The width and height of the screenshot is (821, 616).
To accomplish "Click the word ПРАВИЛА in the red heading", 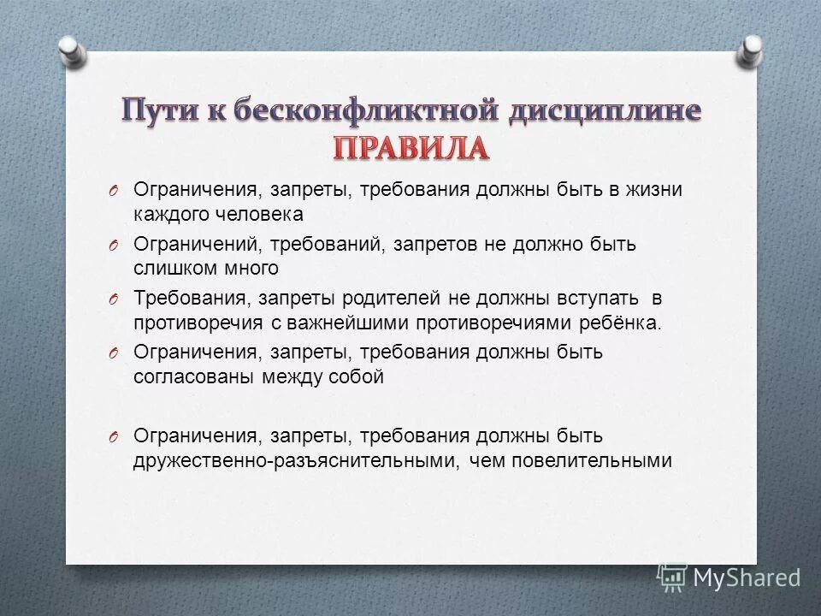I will pos(410,148).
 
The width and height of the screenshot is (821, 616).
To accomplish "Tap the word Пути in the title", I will pos(159,112).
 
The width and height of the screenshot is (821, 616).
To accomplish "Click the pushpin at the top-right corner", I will pos(749,50).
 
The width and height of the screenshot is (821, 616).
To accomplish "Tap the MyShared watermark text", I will pos(746,577).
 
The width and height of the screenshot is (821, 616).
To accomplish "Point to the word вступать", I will pos(582,299).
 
